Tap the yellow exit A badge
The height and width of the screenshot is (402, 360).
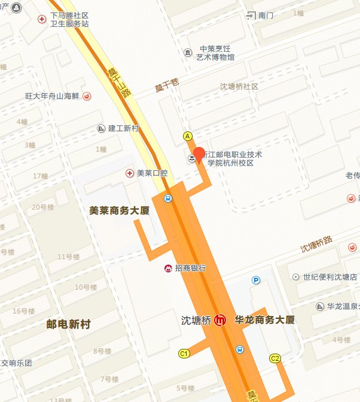[x=188, y=136]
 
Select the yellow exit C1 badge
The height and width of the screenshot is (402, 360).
[x=184, y=354]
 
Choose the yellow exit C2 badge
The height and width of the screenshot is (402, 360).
[x=275, y=358]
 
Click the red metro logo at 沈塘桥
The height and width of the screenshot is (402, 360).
[x=221, y=320]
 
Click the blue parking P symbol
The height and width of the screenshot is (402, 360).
[x=257, y=280]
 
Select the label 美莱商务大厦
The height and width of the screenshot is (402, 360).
[x=120, y=210]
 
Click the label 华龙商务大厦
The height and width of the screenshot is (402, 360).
[x=265, y=320]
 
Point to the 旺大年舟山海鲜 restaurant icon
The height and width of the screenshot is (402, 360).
[x=87, y=96]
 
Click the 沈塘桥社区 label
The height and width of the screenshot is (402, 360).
[x=239, y=87]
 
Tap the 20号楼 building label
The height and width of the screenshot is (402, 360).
[x=43, y=207]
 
